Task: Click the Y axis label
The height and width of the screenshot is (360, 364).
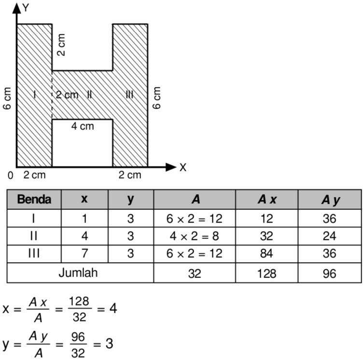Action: (x=26, y=7)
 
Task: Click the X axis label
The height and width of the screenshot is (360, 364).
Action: (x=182, y=167)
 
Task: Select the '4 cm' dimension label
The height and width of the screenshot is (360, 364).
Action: (x=83, y=126)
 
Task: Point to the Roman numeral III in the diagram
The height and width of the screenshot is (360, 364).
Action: (x=129, y=95)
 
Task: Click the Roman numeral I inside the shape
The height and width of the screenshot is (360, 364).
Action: (x=34, y=95)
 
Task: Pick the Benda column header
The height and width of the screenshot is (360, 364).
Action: (x=34, y=199)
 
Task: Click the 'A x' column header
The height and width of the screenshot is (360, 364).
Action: (x=266, y=199)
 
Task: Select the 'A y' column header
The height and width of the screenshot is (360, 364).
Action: (x=330, y=199)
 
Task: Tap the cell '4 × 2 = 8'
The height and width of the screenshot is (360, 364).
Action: (x=195, y=236)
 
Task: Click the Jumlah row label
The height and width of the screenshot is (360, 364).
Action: (x=78, y=272)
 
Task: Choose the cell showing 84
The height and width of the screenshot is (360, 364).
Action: (x=266, y=253)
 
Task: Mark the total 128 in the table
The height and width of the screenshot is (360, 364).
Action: (x=266, y=273)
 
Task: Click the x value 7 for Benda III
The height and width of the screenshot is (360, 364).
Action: (x=84, y=253)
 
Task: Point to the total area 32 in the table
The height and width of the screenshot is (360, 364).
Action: (x=195, y=273)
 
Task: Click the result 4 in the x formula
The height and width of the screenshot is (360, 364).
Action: (x=113, y=308)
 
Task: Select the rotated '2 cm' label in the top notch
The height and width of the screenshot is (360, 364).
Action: (x=61, y=45)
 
